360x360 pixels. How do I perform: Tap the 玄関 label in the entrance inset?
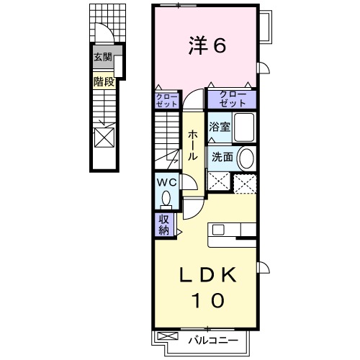click(103, 58)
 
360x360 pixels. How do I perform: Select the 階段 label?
click(103, 82)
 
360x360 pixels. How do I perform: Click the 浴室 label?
click(219, 127)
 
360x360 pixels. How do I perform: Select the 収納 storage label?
click(162, 225)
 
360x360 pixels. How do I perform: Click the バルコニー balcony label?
click(210, 337)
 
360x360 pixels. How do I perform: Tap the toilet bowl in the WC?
click(167, 197)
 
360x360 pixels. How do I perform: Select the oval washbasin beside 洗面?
click(246, 158)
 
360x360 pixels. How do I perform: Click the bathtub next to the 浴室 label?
click(244, 128)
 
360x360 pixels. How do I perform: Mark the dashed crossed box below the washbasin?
click(246, 183)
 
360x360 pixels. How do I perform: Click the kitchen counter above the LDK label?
click(232, 230)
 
